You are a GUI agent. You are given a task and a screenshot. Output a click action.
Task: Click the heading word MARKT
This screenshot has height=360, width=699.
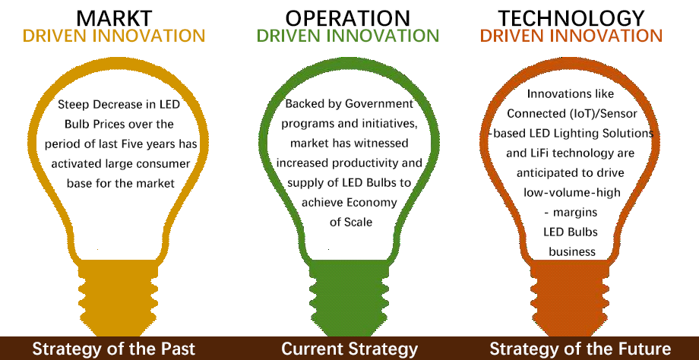pos(114,18)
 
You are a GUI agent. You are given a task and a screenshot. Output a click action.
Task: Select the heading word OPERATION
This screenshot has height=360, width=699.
pos(348,18)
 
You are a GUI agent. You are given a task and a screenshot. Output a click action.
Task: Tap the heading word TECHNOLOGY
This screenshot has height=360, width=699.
pos(571,18)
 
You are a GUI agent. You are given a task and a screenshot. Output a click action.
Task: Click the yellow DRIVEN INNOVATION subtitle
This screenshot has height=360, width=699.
pos(114,36)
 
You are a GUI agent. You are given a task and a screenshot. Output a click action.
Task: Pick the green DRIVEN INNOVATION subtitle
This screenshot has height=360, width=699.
pos(348,36)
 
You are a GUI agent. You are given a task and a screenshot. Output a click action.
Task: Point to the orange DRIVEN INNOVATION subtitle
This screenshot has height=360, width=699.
pos(571,36)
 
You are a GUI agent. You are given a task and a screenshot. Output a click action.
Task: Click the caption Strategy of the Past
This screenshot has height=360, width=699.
pos(114,349)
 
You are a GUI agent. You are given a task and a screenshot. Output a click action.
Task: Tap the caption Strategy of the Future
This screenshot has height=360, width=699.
pos(580,349)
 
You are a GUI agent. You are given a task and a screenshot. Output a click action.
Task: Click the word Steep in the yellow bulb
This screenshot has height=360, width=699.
pos(74,106)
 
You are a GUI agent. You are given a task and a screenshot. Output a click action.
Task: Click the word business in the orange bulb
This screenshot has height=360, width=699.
pos(572,251)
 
